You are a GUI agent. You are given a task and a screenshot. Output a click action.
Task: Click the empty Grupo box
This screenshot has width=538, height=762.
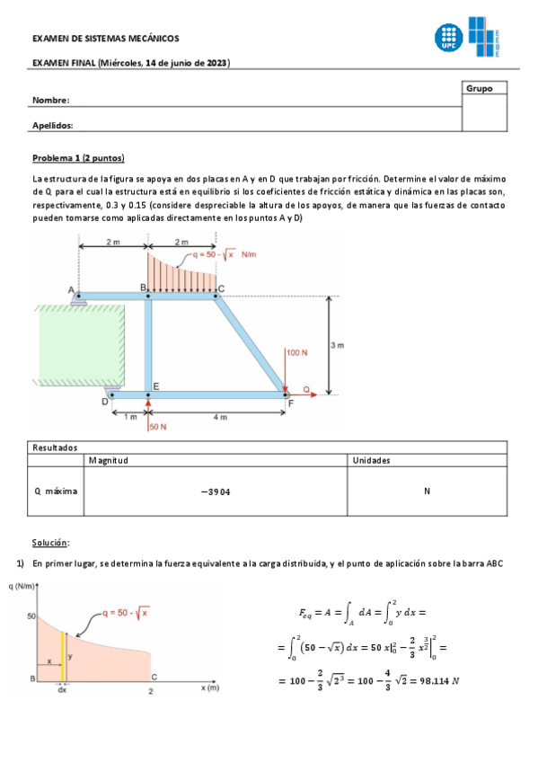485,112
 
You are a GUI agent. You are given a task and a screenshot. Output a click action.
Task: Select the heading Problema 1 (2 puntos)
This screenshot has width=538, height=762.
78,157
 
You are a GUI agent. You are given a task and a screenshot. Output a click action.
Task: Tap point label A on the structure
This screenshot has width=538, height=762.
71,288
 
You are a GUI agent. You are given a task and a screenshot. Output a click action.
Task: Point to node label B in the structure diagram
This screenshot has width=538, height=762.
142,287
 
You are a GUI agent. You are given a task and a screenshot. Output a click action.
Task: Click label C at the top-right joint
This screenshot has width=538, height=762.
222,288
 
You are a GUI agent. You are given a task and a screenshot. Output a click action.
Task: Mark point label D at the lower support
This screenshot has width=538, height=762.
104,402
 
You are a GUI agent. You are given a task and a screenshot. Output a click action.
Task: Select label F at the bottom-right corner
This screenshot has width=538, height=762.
290,403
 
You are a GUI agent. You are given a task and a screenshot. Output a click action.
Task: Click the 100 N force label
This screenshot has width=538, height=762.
297,353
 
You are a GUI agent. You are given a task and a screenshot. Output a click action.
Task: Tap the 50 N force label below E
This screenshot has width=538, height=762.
157,427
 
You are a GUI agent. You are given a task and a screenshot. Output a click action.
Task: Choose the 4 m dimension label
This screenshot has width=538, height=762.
221,417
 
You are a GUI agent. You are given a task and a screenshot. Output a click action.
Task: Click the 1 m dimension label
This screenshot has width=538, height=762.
131,417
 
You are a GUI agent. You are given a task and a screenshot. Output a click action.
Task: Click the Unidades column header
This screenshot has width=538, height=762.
371,460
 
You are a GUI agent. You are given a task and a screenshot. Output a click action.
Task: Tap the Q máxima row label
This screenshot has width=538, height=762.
56,492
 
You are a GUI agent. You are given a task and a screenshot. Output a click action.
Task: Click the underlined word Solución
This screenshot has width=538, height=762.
50,543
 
